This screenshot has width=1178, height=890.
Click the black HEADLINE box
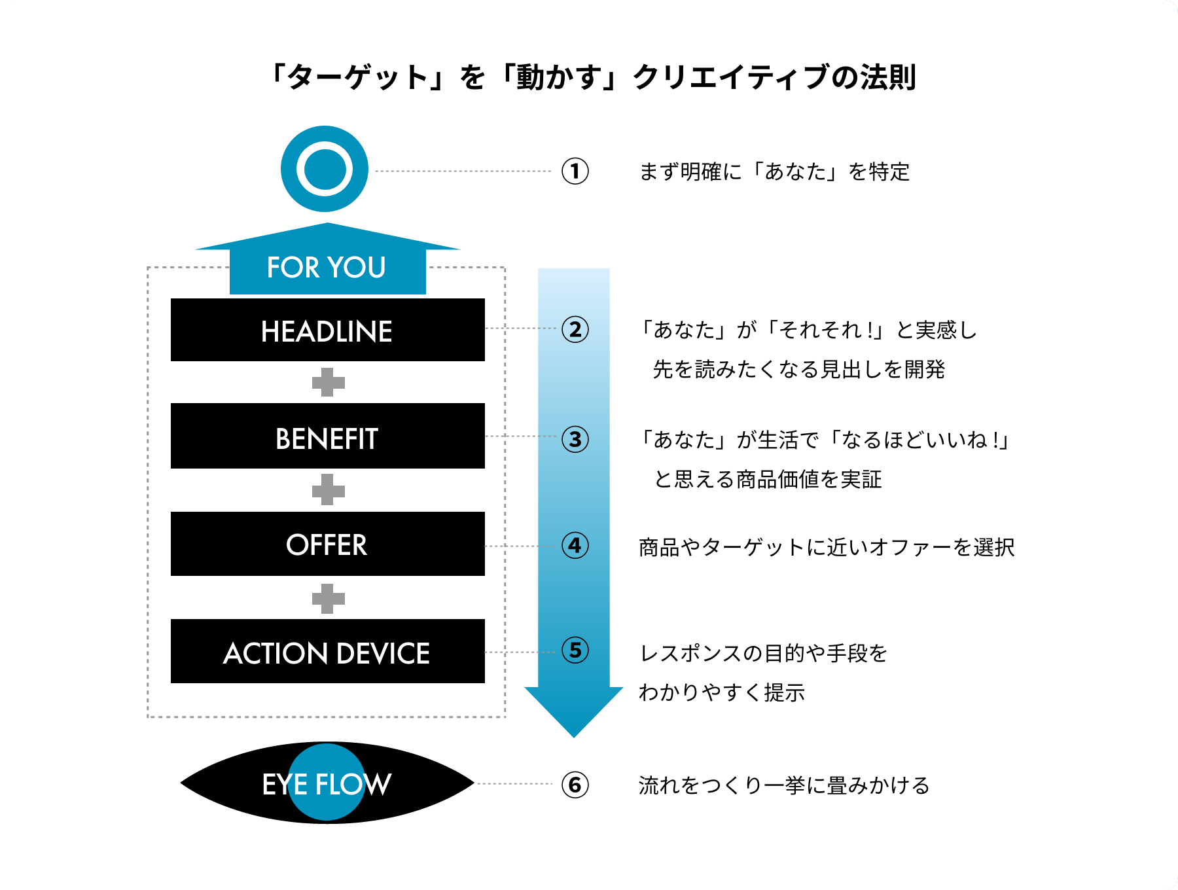pyautogui.click(x=327, y=330)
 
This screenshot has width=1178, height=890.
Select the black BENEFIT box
pyautogui.click(x=327, y=436)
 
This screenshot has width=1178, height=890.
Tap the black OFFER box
pyautogui.click(x=327, y=544)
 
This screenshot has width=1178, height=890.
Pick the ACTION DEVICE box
pyautogui.click(x=327, y=652)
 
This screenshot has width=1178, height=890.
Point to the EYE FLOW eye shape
pyautogui.click(x=327, y=783)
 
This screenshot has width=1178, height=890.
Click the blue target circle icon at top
pyautogui.click(x=325, y=169)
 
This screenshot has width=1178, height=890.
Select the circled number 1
pyautogui.click(x=575, y=171)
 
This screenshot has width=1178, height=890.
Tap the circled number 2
pyautogui.click(x=575, y=329)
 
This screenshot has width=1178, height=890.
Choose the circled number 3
pyautogui.click(x=575, y=439)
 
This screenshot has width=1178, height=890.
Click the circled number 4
pyautogui.click(x=575, y=545)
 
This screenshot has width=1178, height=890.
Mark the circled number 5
pyautogui.click(x=575, y=650)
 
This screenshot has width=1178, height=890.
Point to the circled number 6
pyautogui.click(x=575, y=785)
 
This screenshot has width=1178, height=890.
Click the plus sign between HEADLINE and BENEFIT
pyautogui.click(x=328, y=382)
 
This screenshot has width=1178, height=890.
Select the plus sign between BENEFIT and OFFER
pyautogui.click(x=328, y=490)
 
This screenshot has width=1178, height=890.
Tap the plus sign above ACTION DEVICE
pyautogui.click(x=328, y=598)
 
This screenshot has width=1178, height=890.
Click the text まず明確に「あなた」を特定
pyautogui.click(x=774, y=172)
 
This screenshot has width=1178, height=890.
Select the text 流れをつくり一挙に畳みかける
pyautogui.click(x=784, y=785)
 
